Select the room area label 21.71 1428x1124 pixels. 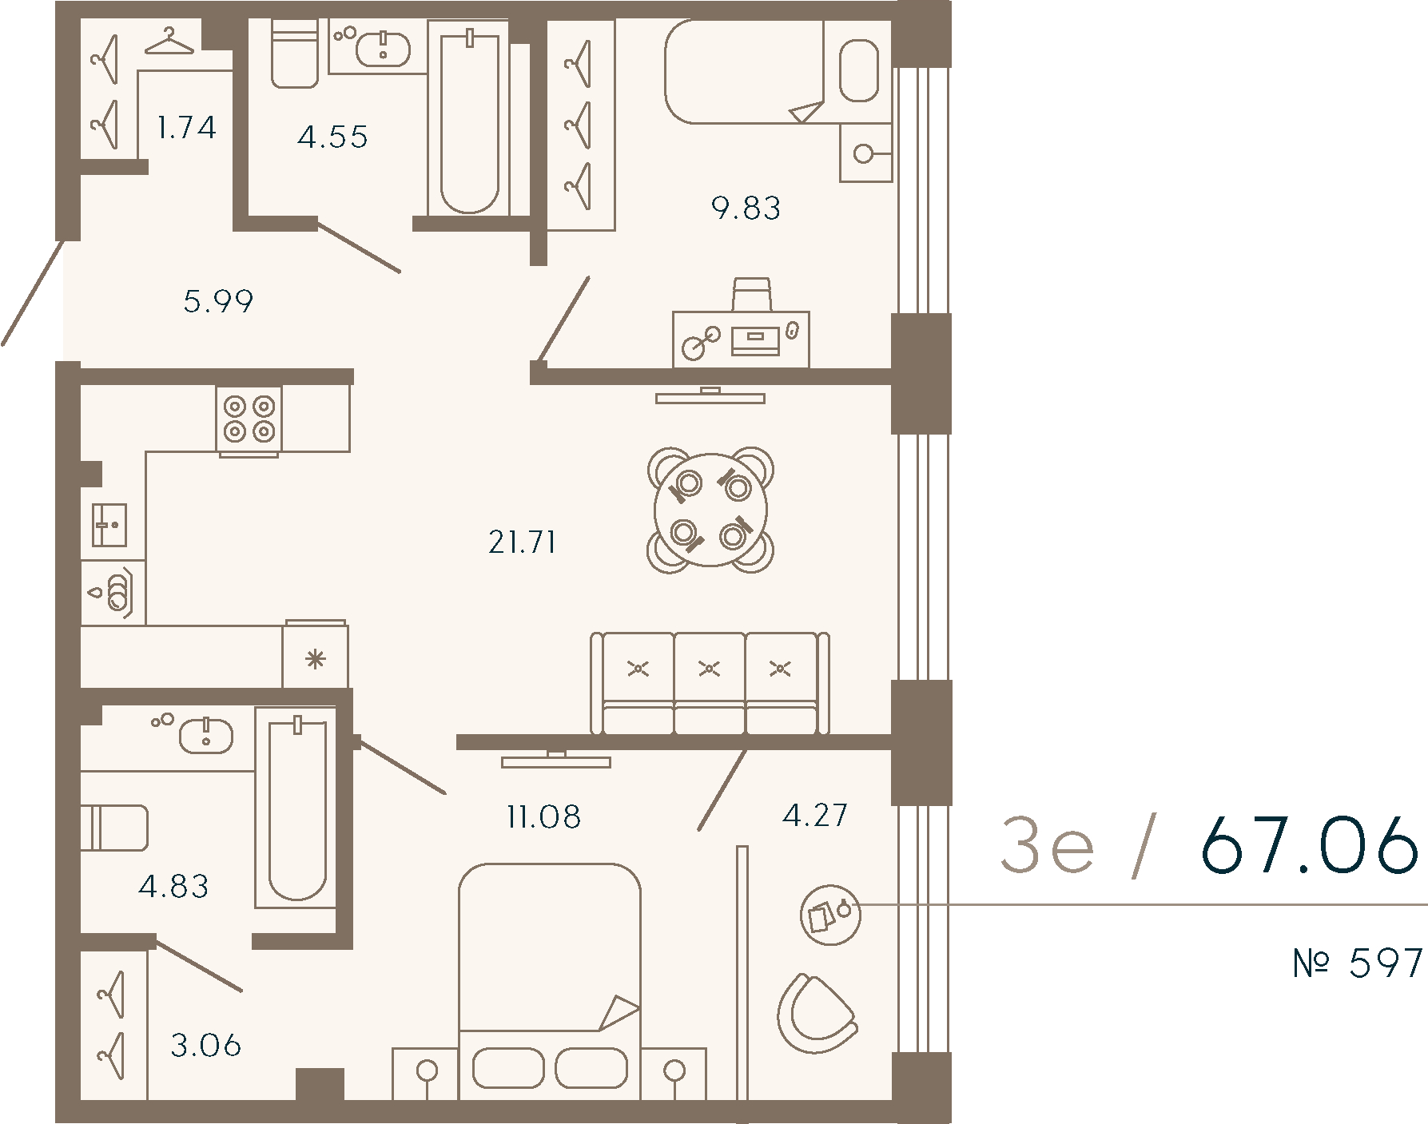click(522, 543)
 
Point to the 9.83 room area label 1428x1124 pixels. click(746, 209)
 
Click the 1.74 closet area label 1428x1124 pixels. click(186, 128)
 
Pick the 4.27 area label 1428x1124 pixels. click(815, 816)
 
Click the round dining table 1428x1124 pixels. click(710, 510)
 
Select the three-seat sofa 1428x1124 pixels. click(710, 683)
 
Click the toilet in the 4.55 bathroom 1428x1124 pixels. click(295, 52)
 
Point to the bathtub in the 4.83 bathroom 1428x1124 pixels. click(297, 808)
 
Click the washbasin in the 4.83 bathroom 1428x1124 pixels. click(206, 736)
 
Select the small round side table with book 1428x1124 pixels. click(831, 915)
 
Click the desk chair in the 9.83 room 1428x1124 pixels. click(751, 294)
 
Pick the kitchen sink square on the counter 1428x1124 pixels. click(109, 524)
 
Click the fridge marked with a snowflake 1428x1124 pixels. click(316, 654)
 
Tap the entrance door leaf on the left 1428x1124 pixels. click(32, 292)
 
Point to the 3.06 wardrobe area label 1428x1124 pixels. click(206, 1046)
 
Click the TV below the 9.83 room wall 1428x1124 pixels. click(710, 395)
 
